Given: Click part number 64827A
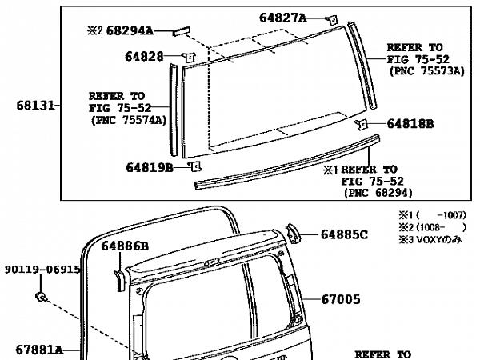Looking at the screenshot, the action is (x=282, y=18).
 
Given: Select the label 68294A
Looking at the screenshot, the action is (x=130, y=30).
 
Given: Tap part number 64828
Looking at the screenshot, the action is (x=144, y=57).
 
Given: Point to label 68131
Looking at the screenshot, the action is (x=35, y=106).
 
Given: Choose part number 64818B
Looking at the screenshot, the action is (x=410, y=124).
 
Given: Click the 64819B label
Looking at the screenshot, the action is (x=150, y=168).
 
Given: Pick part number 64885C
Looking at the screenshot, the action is (x=344, y=234).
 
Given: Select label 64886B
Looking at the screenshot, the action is (x=125, y=246).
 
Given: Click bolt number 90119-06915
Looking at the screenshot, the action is (x=42, y=270).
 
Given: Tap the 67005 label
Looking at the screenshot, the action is (x=341, y=299).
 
